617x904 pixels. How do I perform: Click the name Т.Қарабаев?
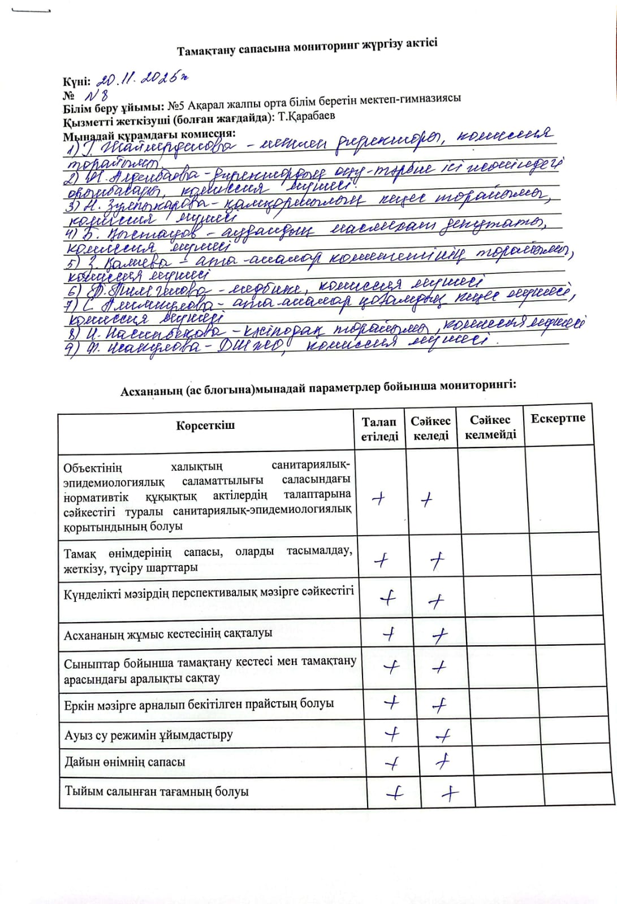pos(307,116)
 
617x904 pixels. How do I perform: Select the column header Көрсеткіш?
pos(205,425)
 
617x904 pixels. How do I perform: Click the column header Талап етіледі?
pos(379,429)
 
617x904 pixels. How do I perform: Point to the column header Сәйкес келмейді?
pos(490,427)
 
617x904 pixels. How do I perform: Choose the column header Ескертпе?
pos(558,419)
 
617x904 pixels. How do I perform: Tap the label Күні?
pos(76,81)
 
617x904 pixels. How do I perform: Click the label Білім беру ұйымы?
pos(114,108)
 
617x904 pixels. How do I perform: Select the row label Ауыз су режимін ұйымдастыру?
pos(149,735)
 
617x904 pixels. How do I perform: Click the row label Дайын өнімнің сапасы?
pos(125,762)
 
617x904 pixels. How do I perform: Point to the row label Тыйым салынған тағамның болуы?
pos(157,792)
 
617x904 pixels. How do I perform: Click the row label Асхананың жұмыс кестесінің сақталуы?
pos(168,634)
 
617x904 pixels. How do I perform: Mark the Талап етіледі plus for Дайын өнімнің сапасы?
pos(392,763)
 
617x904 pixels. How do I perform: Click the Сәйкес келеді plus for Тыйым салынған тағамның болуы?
pos(450,794)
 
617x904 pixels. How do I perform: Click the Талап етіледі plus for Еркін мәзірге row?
pos(391,703)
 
